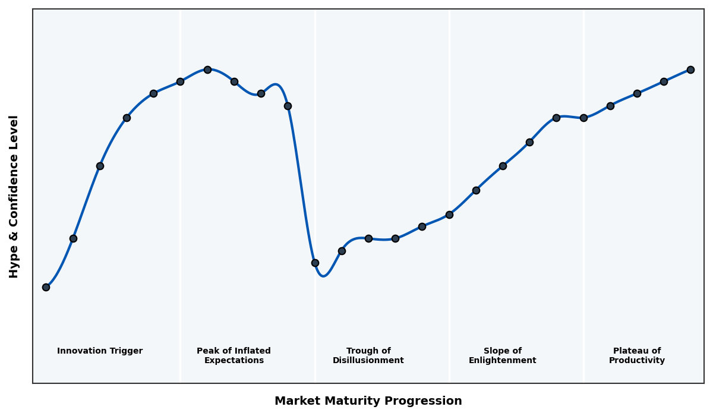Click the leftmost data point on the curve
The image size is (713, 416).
pyautogui.click(x=46, y=287)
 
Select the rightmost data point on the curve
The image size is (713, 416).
pyautogui.click(x=690, y=70)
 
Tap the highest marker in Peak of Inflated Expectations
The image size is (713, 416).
pyautogui.click(x=207, y=70)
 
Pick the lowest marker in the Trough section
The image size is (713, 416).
pyautogui.click(x=315, y=263)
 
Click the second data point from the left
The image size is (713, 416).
pyautogui.click(x=73, y=238)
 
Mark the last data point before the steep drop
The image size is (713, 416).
pyautogui.click(x=288, y=106)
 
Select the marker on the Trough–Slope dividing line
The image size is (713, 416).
pyautogui.click(x=449, y=215)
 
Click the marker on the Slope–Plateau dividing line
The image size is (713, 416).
pyautogui.click(x=583, y=118)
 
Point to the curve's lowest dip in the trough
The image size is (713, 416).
pyautogui.click(x=323, y=276)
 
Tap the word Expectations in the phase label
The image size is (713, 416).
pyautogui.click(x=234, y=361)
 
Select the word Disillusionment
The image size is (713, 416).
pyautogui.click(x=368, y=361)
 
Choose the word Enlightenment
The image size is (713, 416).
pyautogui.click(x=503, y=361)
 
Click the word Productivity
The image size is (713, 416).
pyautogui.click(x=637, y=361)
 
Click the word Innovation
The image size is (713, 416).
pyautogui.click(x=80, y=351)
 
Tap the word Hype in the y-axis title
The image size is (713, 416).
pyautogui.click(x=14, y=264)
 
